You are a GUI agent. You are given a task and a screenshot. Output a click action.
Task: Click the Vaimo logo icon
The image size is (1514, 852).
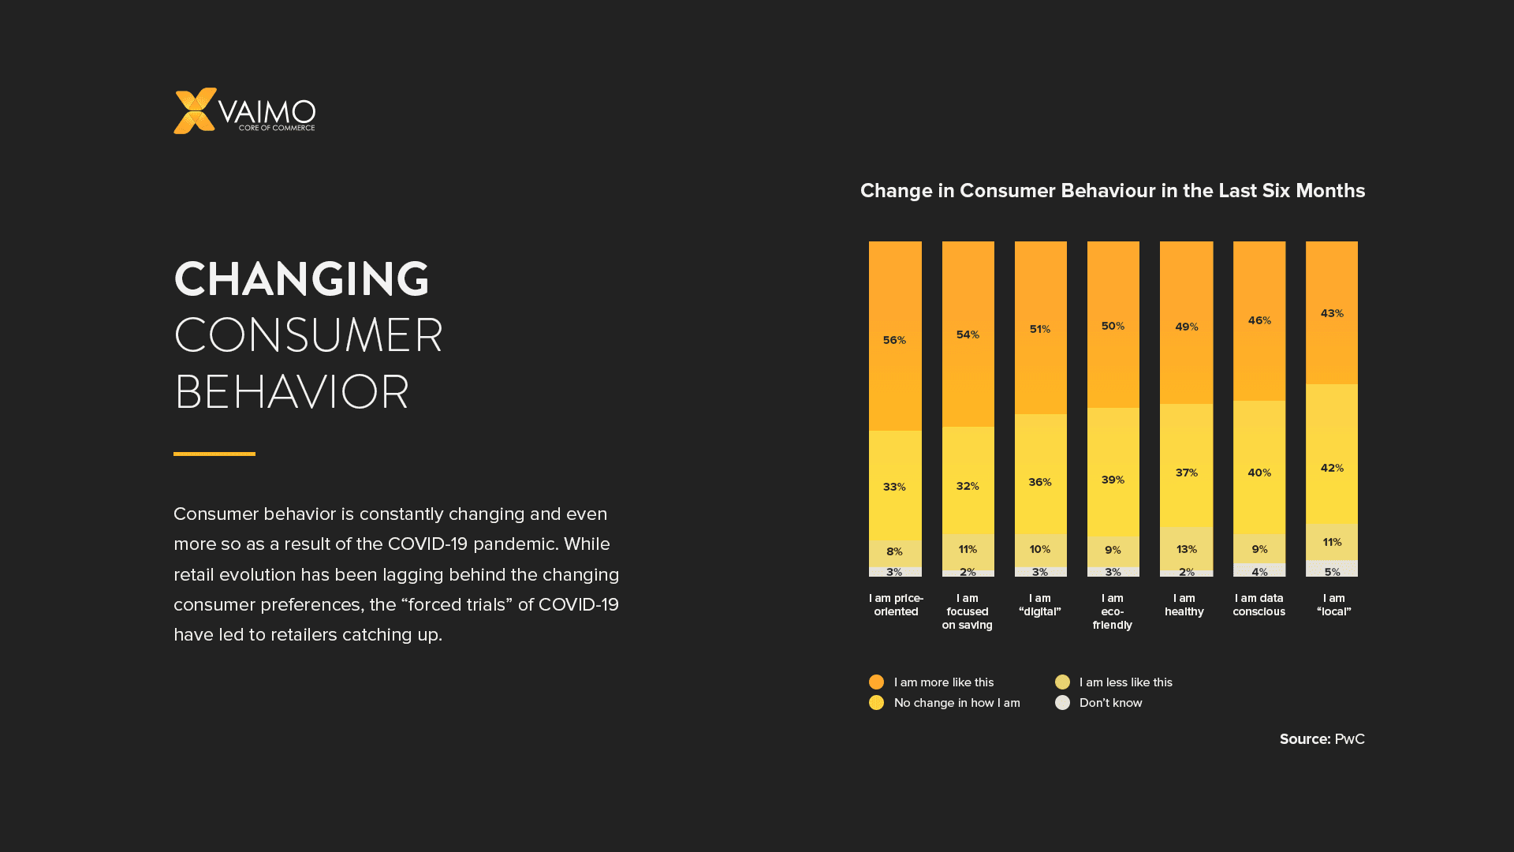[194, 110]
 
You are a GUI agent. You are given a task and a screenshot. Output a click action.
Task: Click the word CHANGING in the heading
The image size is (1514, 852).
[301, 279]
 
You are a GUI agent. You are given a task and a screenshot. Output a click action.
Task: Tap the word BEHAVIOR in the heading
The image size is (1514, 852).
[291, 392]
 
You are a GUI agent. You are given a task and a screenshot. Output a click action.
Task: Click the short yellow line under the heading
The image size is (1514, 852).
[214, 454]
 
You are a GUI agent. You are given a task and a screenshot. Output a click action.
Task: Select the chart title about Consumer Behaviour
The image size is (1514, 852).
[1112, 191]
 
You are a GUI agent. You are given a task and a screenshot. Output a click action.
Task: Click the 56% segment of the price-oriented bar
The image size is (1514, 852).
[894, 340]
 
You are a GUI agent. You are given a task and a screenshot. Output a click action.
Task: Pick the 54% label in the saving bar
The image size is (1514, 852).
[968, 334]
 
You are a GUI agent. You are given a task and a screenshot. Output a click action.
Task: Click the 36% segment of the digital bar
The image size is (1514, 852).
[1040, 482]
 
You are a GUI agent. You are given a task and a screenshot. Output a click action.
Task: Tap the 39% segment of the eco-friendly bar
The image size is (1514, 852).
[1113, 480]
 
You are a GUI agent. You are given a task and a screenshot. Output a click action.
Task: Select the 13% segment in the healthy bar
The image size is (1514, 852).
[1186, 548]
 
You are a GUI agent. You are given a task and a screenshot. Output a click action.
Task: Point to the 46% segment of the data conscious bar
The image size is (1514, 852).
[1259, 320]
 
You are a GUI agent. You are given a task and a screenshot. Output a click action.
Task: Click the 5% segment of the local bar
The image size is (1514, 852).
[1332, 570]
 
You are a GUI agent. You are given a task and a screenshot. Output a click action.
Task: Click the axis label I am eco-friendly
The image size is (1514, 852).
[1112, 611]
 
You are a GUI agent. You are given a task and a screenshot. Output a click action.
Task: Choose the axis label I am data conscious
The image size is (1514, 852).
[1259, 605]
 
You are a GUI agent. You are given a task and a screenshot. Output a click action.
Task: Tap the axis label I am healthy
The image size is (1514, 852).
[1184, 605]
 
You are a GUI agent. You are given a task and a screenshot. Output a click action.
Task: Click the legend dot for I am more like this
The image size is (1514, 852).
[876, 682]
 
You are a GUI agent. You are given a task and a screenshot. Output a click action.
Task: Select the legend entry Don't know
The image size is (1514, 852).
[1109, 703]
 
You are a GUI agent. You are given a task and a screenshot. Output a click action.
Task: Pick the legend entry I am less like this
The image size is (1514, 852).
[1125, 682]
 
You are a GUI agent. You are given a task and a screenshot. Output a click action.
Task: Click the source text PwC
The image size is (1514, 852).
[1349, 739]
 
